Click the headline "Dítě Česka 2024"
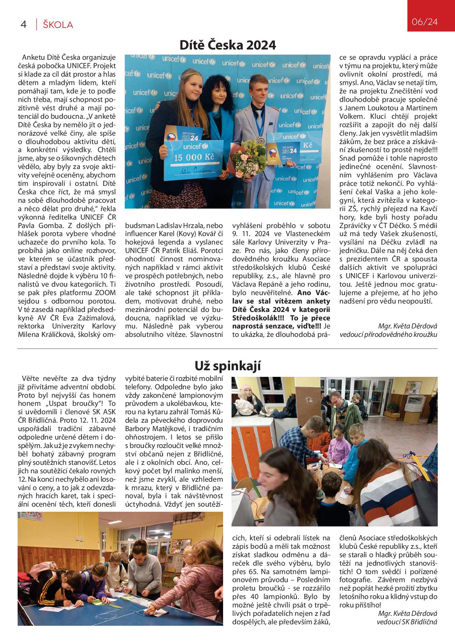(227, 45)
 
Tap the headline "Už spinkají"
(227, 365)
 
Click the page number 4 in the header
(24, 25)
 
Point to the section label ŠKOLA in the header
(58, 25)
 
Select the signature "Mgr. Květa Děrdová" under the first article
(407, 326)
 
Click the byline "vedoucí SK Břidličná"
(407, 622)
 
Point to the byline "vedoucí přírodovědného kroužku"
(388, 334)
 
